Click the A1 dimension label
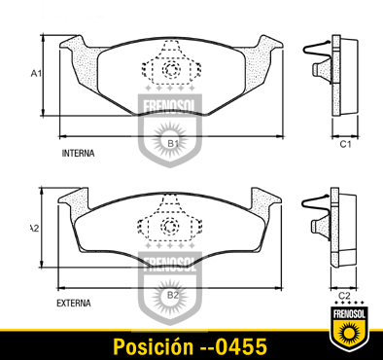click(x=36, y=74)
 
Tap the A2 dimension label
click(x=34, y=229)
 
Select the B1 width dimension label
click(x=173, y=143)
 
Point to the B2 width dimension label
click(x=173, y=295)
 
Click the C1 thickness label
click(x=345, y=144)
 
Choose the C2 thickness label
click(x=344, y=296)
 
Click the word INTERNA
click(x=78, y=153)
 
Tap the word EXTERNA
click(x=74, y=304)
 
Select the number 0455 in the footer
click(x=241, y=346)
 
